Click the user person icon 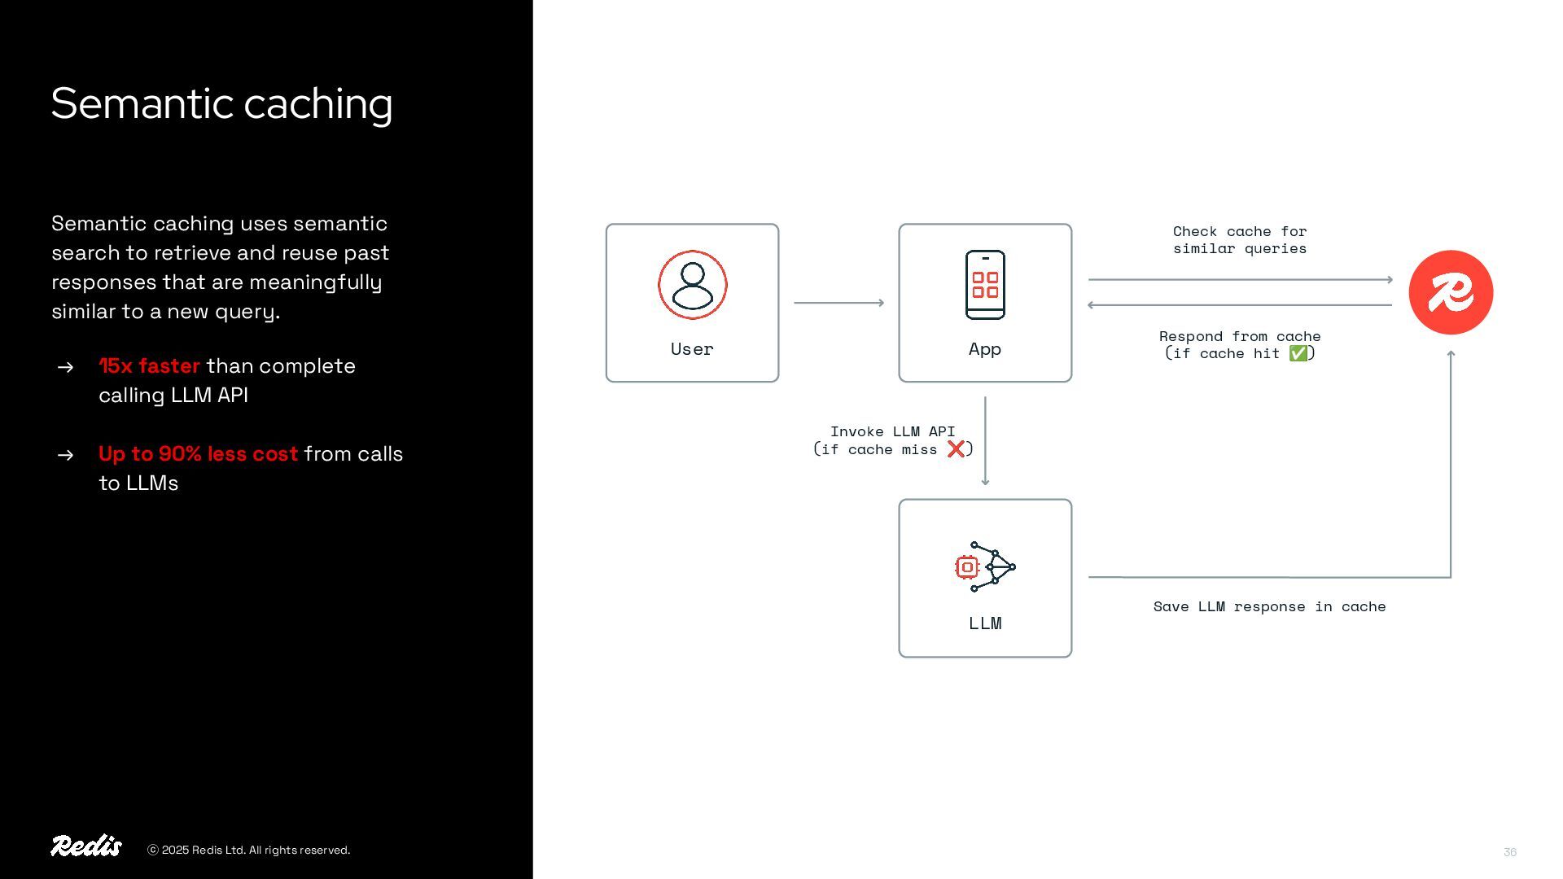(692, 285)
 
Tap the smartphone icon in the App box (985, 285)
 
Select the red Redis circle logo (1451, 292)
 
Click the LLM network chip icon (985, 566)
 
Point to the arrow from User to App (838, 303)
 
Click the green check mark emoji (1298, 353)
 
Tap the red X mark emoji (956, 449)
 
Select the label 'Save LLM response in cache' (1269, 606)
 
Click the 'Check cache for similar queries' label (1240, 240)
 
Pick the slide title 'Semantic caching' (221, 104)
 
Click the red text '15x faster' (149, 366)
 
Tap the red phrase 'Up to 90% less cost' (198, 454)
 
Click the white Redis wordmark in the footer (86, 846)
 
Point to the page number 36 (1510, 852)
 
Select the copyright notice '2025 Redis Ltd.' (248, 851)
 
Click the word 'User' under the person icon (692, 349)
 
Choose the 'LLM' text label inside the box (985, 623)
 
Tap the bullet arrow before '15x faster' (66, 367)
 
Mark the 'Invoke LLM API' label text (892, 431)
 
